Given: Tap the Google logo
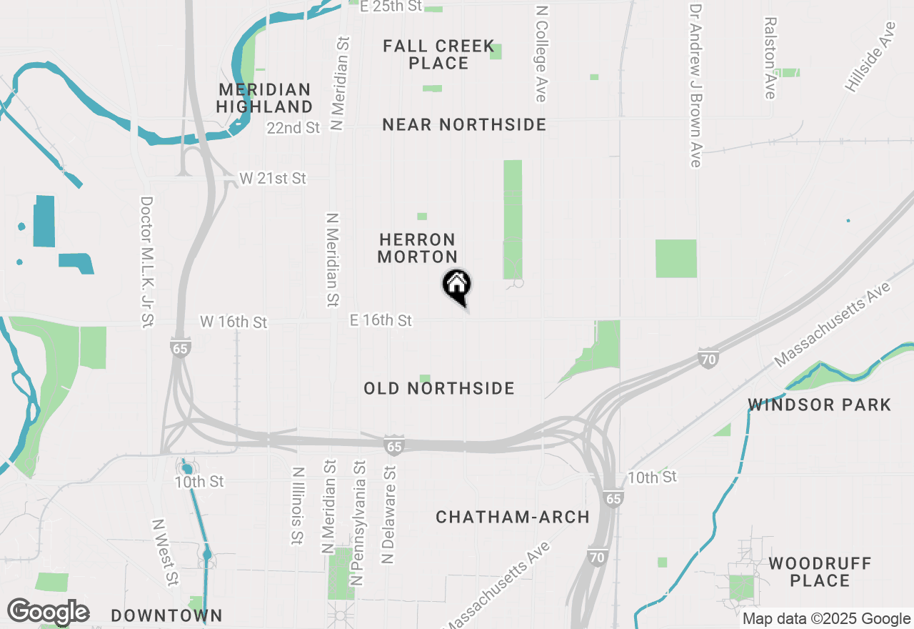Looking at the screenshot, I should (x=49, y=612).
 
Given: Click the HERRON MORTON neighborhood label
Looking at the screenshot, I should (x=418, y=248).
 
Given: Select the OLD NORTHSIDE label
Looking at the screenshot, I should (x=439, y=388).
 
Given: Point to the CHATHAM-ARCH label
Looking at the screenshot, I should (x=513, y=517).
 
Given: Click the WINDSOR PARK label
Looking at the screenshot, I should (x=820, y=405).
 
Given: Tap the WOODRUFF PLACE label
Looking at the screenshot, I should (x=820, y=572).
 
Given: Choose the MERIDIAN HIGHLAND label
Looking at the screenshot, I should (x=265, y=99).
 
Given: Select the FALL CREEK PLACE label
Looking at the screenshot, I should (x=438, y=55).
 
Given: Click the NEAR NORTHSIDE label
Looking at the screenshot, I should (x=464, y=125).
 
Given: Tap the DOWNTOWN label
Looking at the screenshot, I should (x=167, y=615).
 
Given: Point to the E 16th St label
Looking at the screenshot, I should (x=381, y=320).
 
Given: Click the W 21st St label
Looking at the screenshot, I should (x=273, y=178).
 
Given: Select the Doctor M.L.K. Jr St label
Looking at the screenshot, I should (x=147, y=262).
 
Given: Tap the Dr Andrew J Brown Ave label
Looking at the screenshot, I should (x=695, y=86).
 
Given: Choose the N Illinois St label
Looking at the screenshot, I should (x=297, y=506).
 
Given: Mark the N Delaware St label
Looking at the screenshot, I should (x=388, y=516).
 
